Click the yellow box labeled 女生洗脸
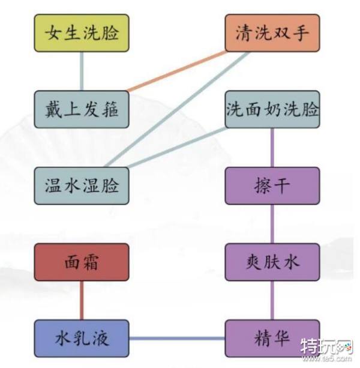point(82,33)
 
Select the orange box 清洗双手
point(272,33)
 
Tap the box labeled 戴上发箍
point(82,109)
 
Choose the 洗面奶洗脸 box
point(272,109)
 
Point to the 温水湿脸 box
point(82,186)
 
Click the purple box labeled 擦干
point(272,186)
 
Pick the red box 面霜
point(82,262)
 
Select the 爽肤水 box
point(272,262)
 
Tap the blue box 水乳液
point(82,339)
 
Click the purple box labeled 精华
point(272,339)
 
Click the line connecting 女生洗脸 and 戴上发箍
point(82,71)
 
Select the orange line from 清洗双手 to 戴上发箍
point(177,71)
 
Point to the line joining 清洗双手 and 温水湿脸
point(177,109)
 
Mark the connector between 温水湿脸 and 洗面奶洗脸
point(178,148)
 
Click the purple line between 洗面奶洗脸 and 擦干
point(272,148)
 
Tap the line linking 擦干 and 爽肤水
point(272,224)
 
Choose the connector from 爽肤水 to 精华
point(272,300)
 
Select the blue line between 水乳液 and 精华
point(177,339)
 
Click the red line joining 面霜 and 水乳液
point(82,300)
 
